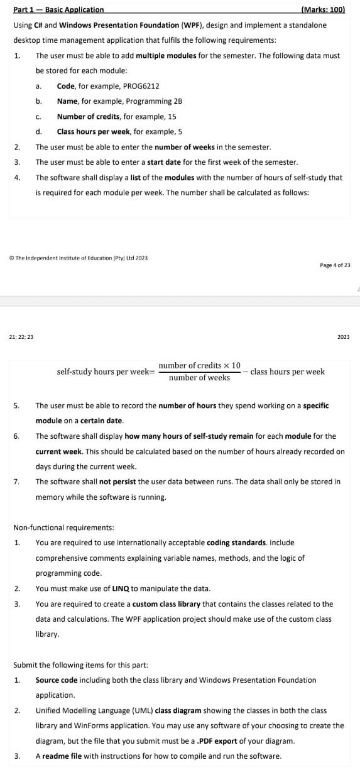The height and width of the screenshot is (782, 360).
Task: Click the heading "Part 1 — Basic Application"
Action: point(58,9)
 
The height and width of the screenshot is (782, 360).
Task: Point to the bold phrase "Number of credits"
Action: point(85,116)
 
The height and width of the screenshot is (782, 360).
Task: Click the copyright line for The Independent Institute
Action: point(79,258)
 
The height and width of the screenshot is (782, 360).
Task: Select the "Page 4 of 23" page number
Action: point(335,265)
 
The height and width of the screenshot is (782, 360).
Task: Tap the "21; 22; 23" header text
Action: point(21,337)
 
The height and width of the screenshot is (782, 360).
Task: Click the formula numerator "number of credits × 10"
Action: point(199,365)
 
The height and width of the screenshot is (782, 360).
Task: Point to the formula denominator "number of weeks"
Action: point(199,378)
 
